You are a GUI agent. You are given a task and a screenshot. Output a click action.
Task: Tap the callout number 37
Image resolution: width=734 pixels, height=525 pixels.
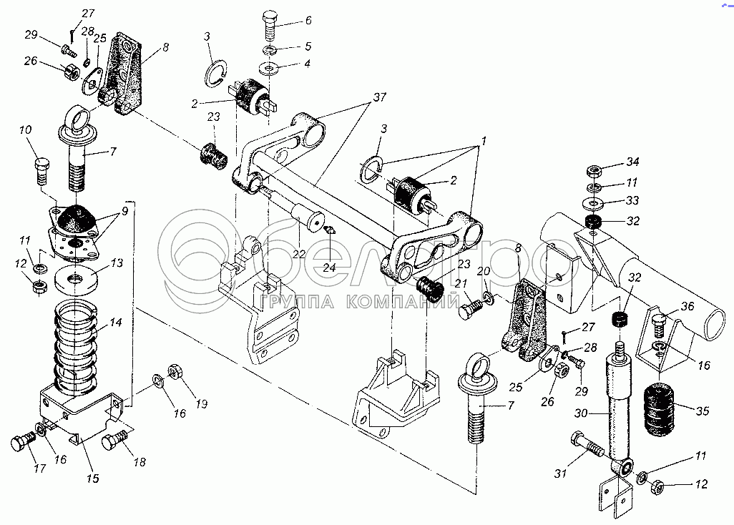coord(380,97)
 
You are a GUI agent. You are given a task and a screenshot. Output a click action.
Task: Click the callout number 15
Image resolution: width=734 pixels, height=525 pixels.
coord(93,478)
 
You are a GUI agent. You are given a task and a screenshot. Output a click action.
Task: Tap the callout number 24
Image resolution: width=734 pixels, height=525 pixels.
coord(330,268)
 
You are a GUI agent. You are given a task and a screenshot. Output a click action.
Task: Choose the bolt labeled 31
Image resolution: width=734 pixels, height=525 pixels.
coord(587,444)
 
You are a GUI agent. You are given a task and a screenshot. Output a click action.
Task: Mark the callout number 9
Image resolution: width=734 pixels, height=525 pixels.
coord(124,212)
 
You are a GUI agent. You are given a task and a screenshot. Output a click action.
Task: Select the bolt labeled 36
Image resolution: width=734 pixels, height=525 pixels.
coord(659,325)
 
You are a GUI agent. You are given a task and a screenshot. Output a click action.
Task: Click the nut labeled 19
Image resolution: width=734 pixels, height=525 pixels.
coord(175,371)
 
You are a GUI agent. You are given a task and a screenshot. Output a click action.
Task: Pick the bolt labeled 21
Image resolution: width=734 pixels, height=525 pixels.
coord(469,310)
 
